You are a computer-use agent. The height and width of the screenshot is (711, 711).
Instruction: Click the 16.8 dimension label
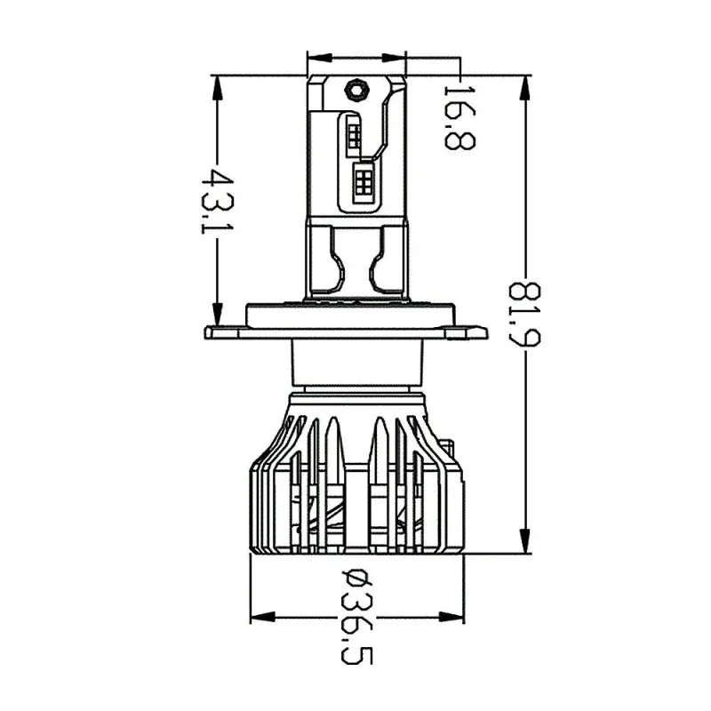click(x=459, y=117)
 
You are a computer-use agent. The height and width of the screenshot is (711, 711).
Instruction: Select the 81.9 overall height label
click(x=524, y=314)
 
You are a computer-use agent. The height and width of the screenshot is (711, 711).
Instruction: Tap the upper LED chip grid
click(x=355, y=135)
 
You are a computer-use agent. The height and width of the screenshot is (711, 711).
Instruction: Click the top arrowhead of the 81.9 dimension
click(x=525, y=88)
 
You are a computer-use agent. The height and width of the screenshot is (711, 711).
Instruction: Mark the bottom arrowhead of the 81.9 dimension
click(x=525, y=540)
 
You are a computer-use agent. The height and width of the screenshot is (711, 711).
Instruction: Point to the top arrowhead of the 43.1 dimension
click(x=218, y=88)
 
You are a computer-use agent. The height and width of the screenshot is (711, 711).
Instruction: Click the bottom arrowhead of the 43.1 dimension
click(x=218, y=313)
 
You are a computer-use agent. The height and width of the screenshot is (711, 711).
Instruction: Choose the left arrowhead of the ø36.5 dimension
click(x=263, y=617)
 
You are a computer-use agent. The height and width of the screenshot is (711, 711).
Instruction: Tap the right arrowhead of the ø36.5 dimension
click(x=451, y=617)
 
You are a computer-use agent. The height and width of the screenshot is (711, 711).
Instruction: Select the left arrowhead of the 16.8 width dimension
click(x=320, y=58)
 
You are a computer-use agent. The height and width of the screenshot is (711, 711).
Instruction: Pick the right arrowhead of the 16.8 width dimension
click(x=394, y=58)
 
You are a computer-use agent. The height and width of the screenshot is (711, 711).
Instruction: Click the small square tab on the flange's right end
click(x=456, y=334)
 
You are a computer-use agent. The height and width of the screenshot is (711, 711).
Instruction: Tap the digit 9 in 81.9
click(x=524, y=337)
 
